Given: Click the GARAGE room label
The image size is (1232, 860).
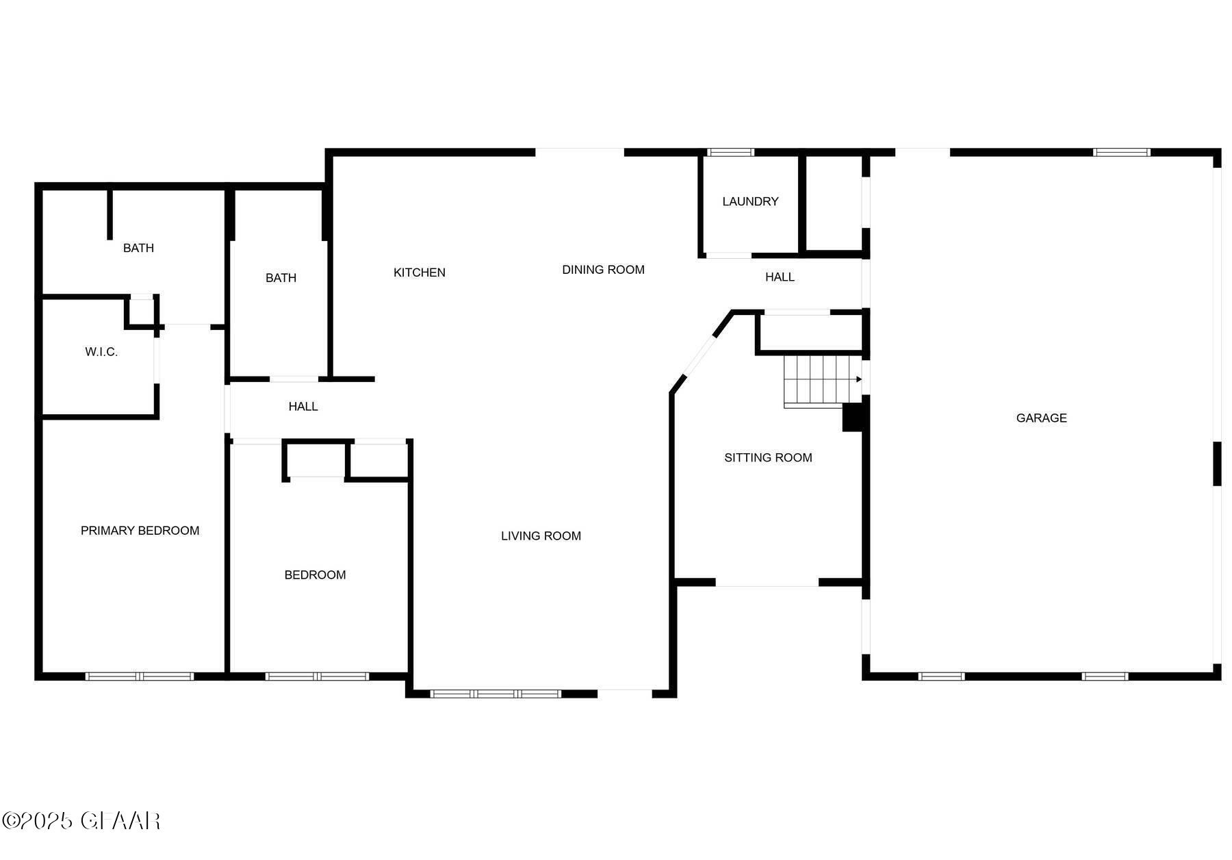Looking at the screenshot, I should click(1041, 418).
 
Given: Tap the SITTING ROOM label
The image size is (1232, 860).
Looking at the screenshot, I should click(768, 457).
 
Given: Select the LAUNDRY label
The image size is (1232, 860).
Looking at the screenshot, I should click(750, 201).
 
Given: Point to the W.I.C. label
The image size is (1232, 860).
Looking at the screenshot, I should click(101, 352).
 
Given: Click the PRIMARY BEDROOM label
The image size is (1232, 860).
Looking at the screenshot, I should click(140, 530).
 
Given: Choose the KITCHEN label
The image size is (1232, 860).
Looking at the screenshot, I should click(419, 273).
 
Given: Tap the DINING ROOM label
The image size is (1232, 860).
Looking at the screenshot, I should click(603, 270).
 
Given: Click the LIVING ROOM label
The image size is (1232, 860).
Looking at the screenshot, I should click(541, 535).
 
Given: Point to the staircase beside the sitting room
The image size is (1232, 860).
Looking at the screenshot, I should click(818, 380).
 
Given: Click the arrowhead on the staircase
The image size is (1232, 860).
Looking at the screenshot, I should click(859, 379).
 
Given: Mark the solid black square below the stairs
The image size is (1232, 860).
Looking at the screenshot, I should click(851, 418).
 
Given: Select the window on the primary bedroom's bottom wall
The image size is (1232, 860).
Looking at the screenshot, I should click(140, 676).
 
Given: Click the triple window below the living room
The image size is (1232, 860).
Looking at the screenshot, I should click(496, 694).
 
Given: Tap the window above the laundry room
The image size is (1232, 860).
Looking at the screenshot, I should click(730, 152).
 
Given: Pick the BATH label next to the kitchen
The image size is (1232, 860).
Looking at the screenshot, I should click(281, 278).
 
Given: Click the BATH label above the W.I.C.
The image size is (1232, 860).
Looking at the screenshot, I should click(138, 248).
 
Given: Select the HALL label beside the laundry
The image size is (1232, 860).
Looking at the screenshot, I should click(780, 277).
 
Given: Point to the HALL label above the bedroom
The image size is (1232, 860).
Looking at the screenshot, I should click(303, 407).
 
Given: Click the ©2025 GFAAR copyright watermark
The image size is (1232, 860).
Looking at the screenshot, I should click(81, 820).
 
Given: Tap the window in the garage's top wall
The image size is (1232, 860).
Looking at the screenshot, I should click(1121, 152).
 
